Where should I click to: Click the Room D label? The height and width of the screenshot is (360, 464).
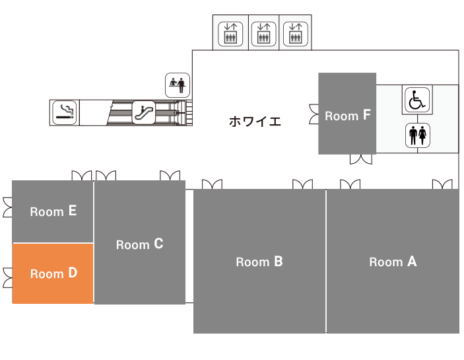pos(53,273)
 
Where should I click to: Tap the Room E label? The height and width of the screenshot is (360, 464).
pos(53,211)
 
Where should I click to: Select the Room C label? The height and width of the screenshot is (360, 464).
pos(139,244)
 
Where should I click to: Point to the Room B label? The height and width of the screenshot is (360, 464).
pos(259,262)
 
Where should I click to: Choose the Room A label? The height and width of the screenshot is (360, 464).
pos(393,262)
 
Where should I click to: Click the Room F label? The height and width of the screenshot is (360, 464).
pos(348,115)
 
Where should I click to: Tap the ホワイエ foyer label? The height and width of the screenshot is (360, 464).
pos(255,122)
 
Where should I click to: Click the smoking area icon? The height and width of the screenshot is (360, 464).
pos(65,112)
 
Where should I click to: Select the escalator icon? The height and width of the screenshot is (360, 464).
pos(143,112)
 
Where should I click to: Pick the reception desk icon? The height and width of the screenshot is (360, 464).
pos(178,85)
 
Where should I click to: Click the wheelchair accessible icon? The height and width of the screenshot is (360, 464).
pos(417,100)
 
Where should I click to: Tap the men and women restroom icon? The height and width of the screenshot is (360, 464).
pos(418,135)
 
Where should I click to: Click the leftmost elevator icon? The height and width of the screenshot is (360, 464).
pos(230,34)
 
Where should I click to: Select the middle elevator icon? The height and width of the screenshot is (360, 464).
pos(263,34)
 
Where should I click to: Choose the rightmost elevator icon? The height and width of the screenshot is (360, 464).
pos(296,34)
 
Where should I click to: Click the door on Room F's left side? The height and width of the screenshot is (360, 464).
pos(314,114)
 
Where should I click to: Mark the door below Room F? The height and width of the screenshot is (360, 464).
pos(361,159)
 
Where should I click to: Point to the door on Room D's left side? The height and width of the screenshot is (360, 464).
pos(8,277)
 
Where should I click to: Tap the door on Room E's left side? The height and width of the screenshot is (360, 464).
pos(8,207)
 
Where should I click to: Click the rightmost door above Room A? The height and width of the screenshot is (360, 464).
pos(442,184)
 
